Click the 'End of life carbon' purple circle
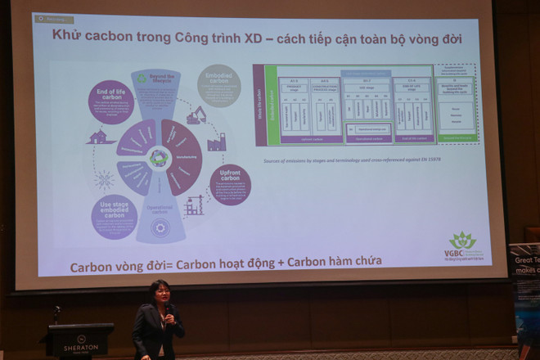110,101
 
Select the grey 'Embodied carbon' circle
218,85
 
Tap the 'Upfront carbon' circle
230,184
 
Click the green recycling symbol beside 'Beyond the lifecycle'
142,79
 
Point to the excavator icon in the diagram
196,115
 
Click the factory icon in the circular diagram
216,142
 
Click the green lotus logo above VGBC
463,240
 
